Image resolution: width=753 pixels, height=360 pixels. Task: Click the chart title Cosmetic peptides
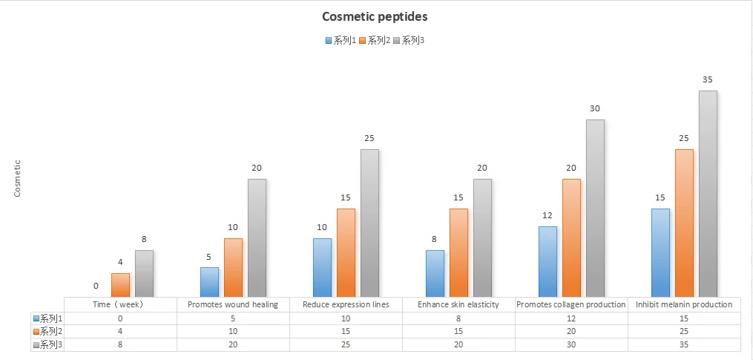tap(375, 16)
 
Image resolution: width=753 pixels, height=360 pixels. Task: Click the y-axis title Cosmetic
tap(18, 178)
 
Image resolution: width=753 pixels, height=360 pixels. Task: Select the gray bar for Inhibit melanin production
tap(708, 193)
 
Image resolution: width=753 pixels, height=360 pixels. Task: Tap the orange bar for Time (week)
tap(121, 285)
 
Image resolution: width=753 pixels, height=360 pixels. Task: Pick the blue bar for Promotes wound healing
tap(210, 282)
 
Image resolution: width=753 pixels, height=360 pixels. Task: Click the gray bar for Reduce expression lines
tap(369, 223)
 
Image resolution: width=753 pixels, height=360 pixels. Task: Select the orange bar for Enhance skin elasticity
tap(458, 252)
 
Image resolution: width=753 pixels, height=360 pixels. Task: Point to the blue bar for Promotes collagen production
tap(548, 261)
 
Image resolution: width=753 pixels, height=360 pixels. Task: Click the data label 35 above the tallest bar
tap(707, 79)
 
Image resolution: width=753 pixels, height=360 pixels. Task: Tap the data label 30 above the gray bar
tap(595, 108)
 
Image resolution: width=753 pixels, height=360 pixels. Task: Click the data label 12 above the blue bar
tap(548, 215)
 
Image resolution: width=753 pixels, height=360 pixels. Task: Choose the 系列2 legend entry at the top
tap(375, 40)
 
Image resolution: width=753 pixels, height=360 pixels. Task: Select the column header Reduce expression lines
tap(346, 304)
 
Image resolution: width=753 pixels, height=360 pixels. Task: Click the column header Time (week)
tap(120, 304)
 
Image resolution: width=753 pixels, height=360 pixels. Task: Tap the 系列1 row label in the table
tap(47, 318)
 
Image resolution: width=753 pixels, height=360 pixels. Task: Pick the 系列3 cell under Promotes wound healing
tap(233, 344)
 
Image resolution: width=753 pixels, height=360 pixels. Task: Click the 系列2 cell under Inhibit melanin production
tap(684, 331)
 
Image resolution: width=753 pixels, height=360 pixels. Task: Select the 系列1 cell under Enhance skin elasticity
tap(458, 318)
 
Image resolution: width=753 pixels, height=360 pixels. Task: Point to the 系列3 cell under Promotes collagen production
tap(571, 344)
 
